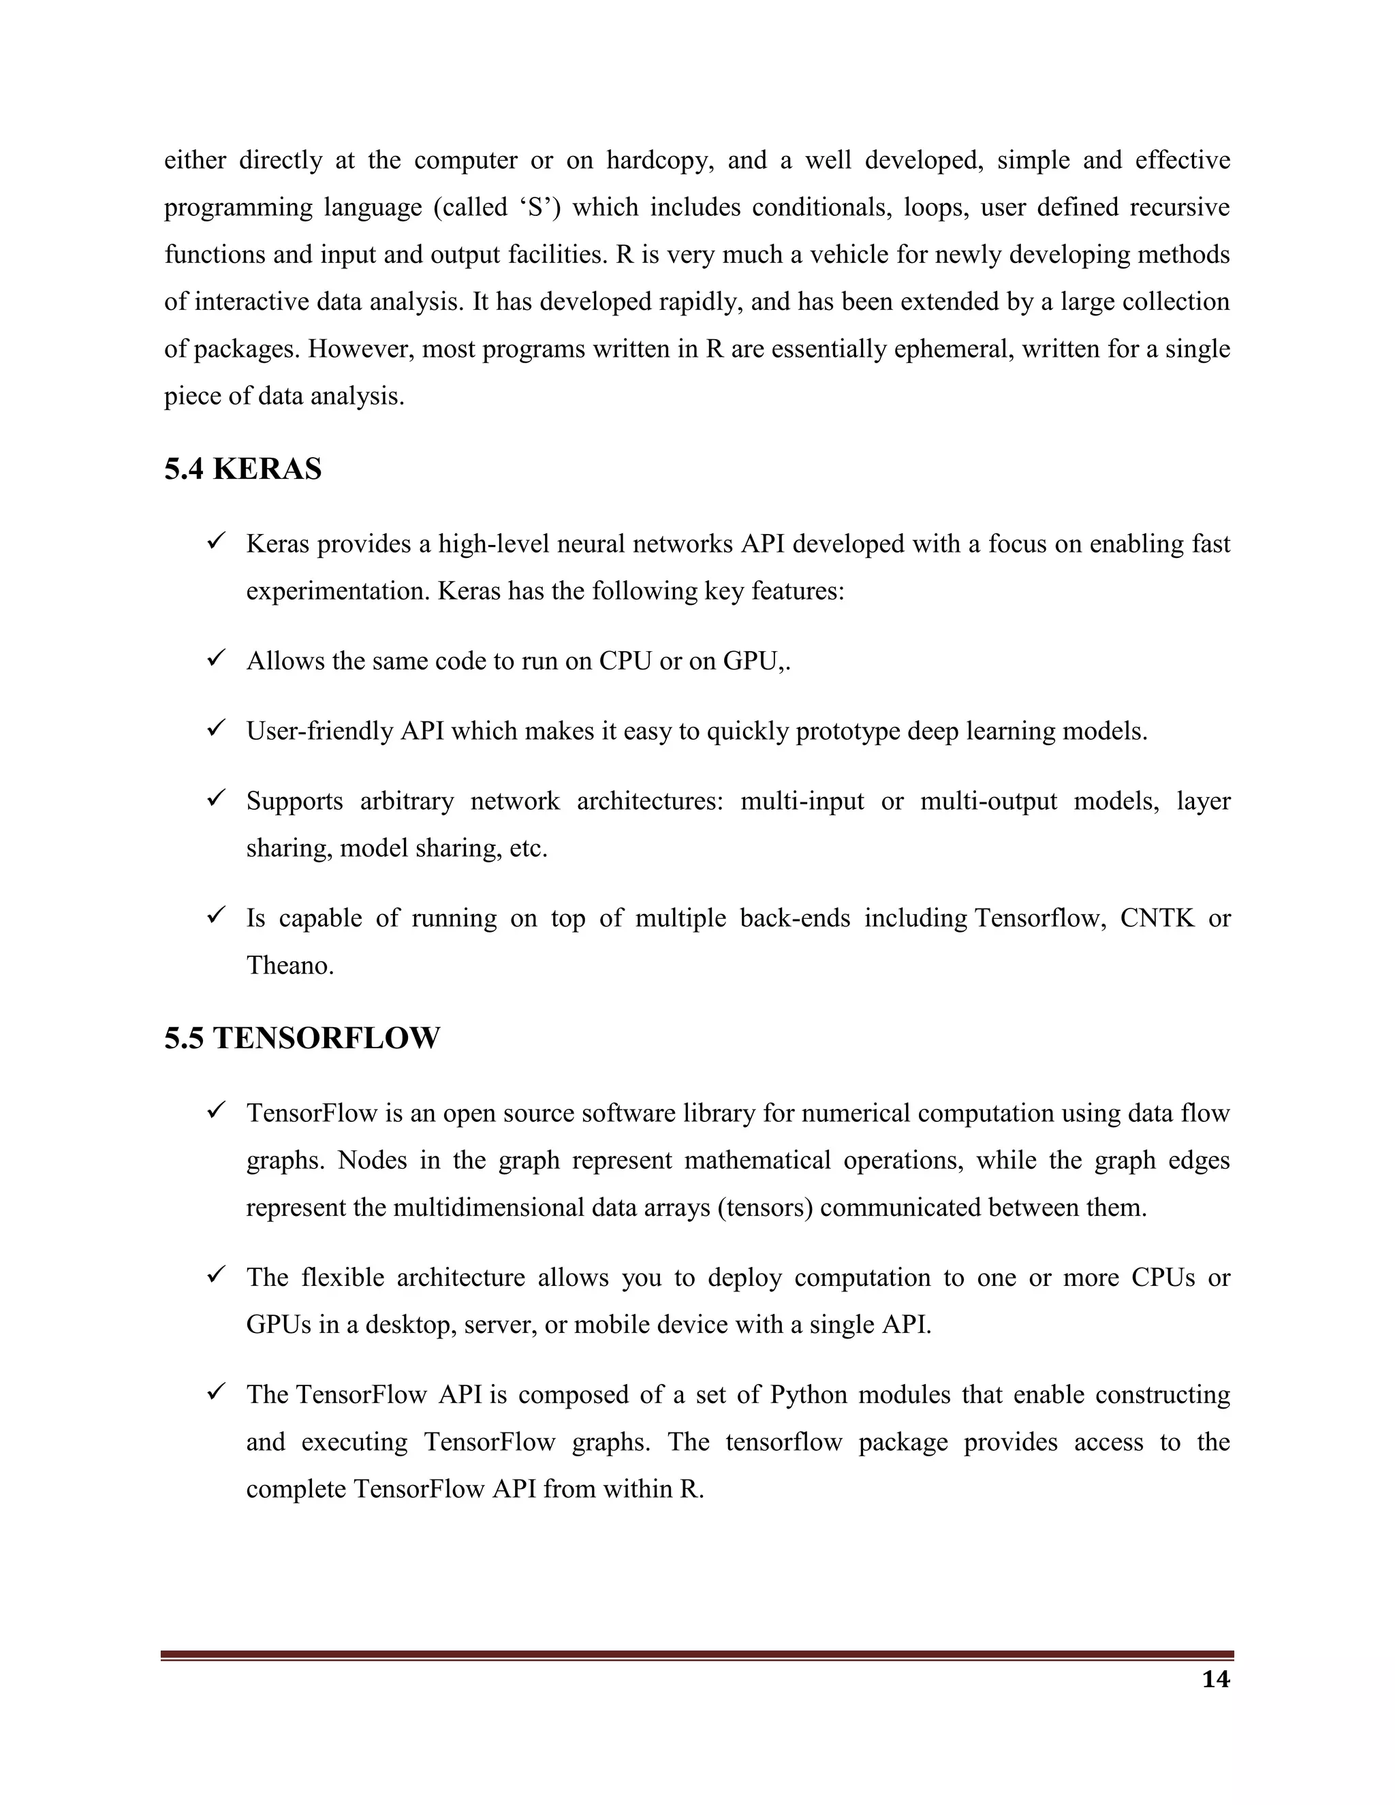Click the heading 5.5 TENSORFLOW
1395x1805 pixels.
tap(302, 1038)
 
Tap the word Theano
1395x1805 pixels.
tap(290, 965)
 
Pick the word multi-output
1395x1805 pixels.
tap(988, 801)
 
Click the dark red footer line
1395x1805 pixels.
tap(697, 1654)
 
